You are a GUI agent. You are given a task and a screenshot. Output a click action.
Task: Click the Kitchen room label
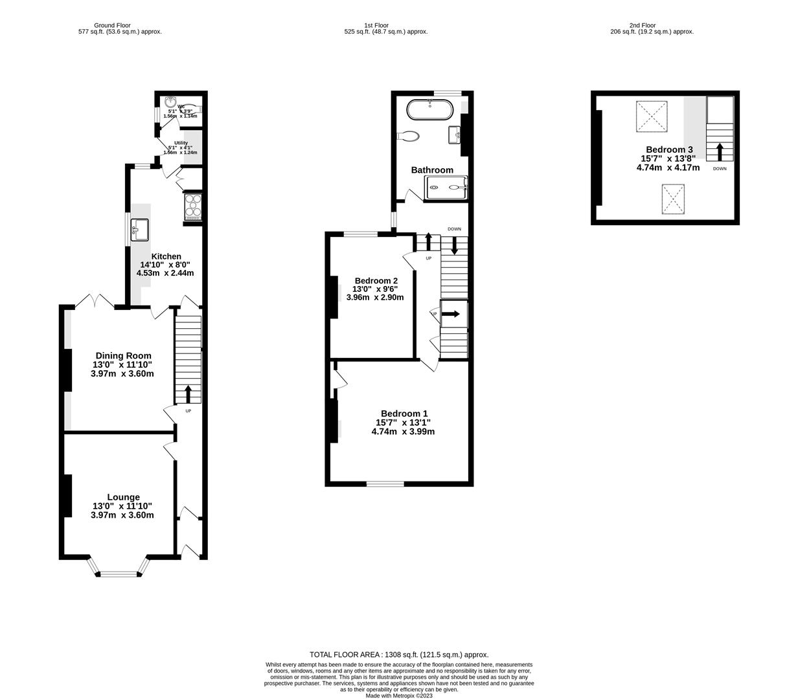click(x=165, y=256)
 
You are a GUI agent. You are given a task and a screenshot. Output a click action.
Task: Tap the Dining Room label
click(x=123, y=355)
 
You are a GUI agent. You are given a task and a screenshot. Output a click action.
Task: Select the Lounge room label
click(x=123, y=497)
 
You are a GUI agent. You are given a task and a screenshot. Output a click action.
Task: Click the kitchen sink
click(x=140, y=229)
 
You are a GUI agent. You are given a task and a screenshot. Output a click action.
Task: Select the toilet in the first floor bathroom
click(x=409, y=136)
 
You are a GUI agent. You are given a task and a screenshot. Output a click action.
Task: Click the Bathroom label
click(x=432, y=170)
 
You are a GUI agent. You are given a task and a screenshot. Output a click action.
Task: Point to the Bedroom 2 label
click(x=376, y=280)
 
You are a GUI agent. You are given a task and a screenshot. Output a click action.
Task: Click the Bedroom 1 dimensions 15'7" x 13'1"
click(x=403, y=423)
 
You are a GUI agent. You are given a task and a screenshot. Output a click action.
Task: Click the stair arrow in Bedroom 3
click(x=720, y=153)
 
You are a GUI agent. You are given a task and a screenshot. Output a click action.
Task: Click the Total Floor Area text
click(x=399, y=654)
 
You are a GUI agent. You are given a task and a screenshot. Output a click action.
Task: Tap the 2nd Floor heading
click(x=643, y=25)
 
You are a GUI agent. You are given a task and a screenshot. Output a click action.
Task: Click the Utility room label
click(x=181, y=143)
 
